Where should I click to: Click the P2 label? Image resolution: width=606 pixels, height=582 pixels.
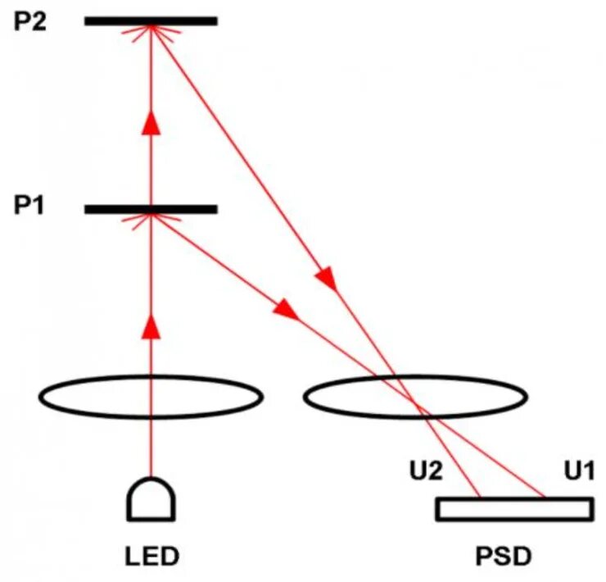point(30,20)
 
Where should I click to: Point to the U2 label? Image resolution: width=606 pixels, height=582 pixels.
point(426,471)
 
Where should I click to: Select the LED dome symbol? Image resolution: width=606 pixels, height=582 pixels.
point(151,498)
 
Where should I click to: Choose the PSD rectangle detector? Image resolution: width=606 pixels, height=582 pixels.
point(514,509)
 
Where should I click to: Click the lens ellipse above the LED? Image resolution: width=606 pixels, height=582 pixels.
point(151,398)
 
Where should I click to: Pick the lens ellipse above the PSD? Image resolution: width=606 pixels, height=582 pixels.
point(416,398)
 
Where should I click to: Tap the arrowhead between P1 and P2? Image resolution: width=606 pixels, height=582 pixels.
point(151,123)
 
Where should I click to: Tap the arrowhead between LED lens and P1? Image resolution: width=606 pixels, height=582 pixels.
point(151,326)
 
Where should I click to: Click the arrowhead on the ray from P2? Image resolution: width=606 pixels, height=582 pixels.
point(327,278)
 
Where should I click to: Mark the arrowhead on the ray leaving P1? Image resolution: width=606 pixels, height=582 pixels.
point(285,309)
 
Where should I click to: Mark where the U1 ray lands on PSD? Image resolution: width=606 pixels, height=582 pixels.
point(544,498)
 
